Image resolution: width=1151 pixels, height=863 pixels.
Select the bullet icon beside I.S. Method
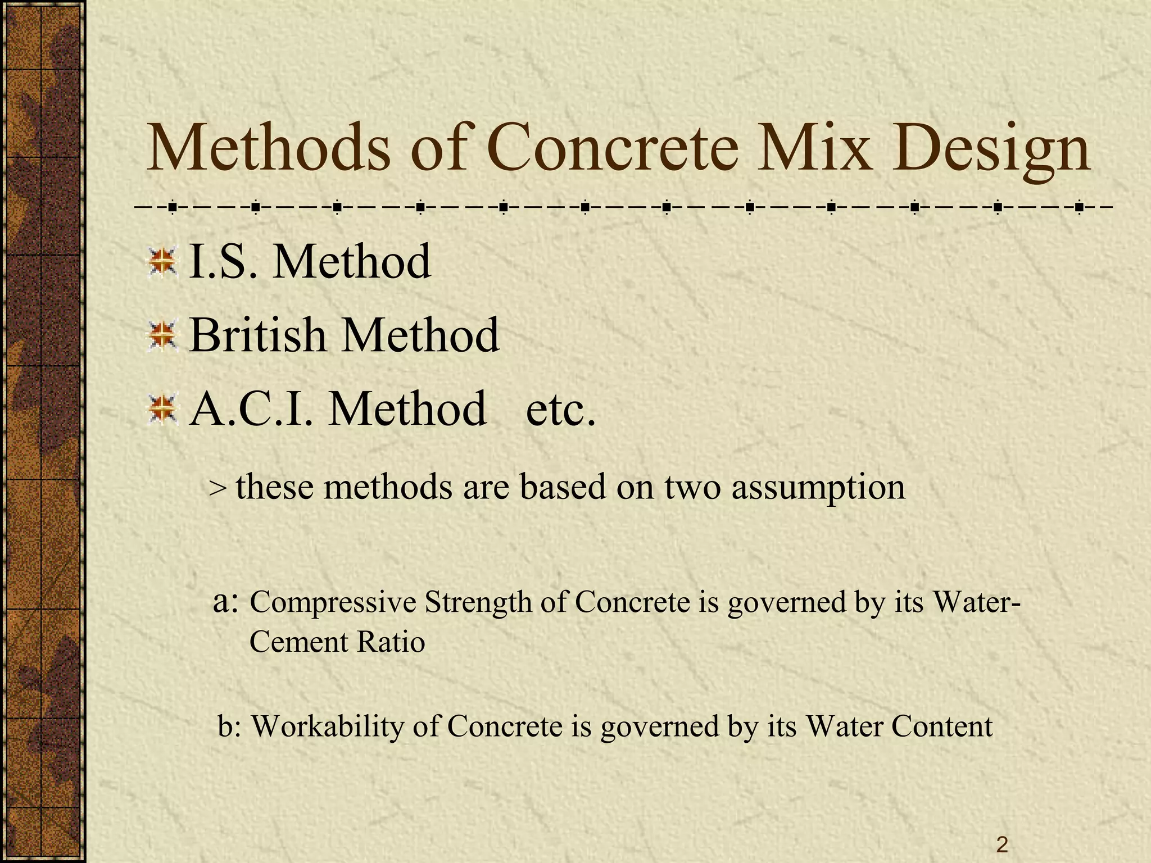tap(162, 261)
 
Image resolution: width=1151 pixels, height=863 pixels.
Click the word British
tap(258, 335)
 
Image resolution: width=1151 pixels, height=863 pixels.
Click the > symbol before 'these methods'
tap(217, 488)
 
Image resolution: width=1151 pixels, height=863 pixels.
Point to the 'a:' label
tap(228, 602)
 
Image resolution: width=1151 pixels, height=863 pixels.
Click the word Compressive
tap(333, 603)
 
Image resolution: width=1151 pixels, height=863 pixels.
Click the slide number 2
tap(1002, 844)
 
